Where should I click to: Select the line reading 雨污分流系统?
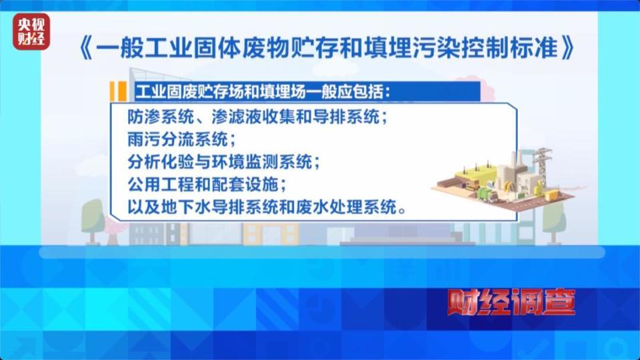[180, 139]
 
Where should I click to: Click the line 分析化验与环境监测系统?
[225, 162]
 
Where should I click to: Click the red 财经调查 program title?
[511, 303]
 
